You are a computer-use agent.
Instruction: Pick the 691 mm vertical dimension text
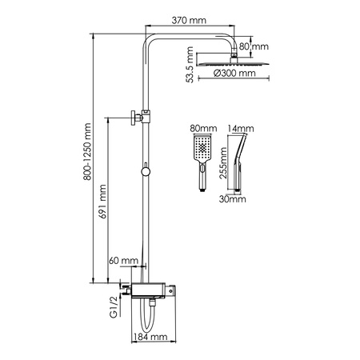click(114, 206)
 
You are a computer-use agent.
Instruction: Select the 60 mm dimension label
click(125, 261)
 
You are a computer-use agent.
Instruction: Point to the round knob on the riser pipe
click(145, 170)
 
